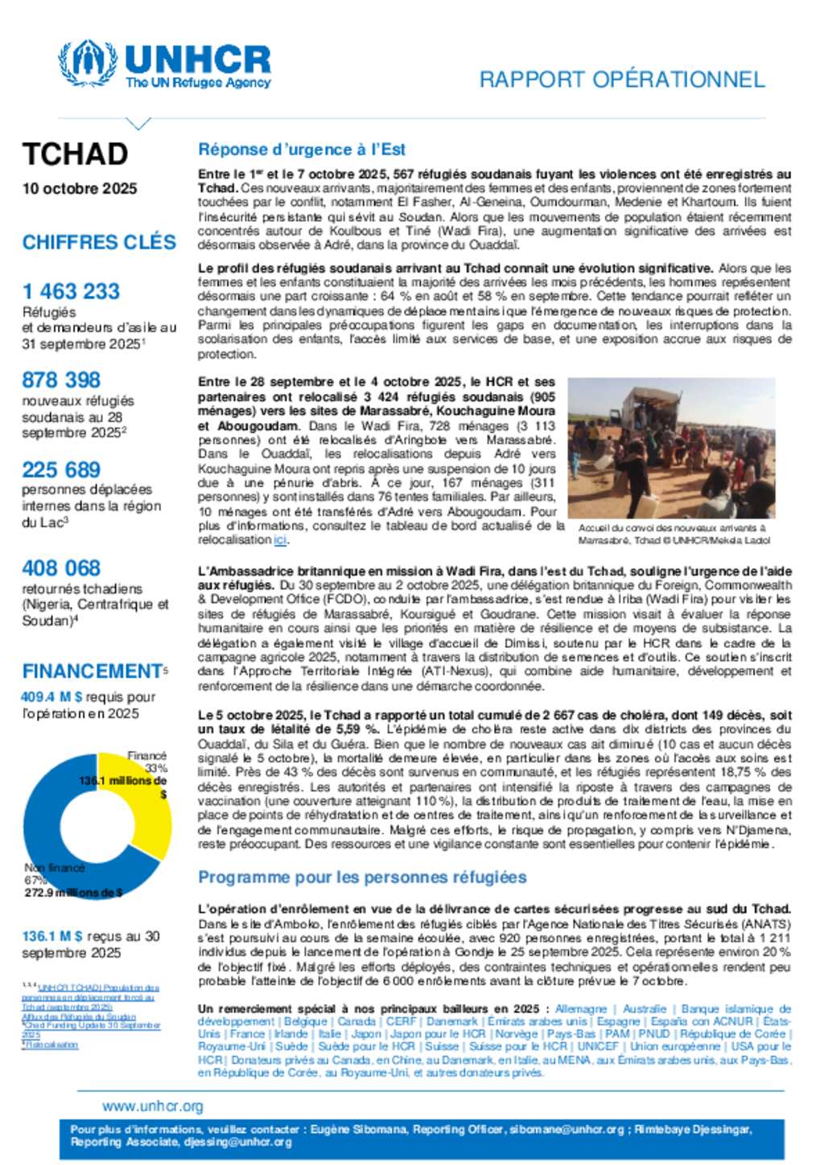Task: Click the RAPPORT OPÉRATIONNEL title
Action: pyautogui.click(x=621, y=80)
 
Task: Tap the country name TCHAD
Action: pyautogui.click(x=75, y=154)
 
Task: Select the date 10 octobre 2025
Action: pyautogui.click(x=80, y=188)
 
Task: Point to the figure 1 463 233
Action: pyautogui.click(x=71, y=291)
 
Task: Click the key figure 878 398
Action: pyautogui.click(x=61, y=379)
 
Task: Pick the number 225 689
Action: pyautogui.click(x=61, y=470)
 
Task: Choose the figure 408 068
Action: pyautogui.click(x=61, y=568)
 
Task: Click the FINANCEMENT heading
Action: pyautogui.click(x=93, y=671)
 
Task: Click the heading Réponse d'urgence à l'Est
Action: pyautogui.click(x=302, y=150)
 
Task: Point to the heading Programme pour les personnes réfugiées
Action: pyautogui.click(x=362, y=877)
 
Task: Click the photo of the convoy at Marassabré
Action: pyautogui.click(x=671, y=448)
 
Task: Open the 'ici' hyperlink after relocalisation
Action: pyautogui.click(x=280, y=540)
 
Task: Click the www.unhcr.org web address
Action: pyautogui.click(x=153, y=1106)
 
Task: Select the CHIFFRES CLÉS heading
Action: pyautogui.click(x=99, y=242)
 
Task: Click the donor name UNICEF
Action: pyautogui.click(x=598, y=1046)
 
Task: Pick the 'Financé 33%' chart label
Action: pyautogui.click(x=146, y=761)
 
